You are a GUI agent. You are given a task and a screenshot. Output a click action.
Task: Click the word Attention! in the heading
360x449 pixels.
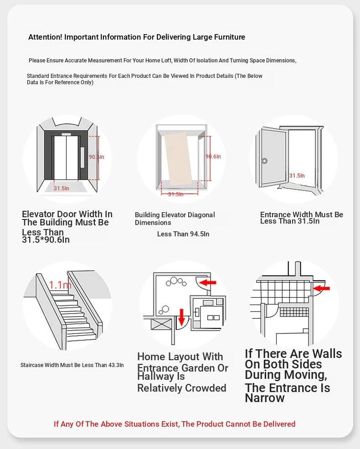point(45,37)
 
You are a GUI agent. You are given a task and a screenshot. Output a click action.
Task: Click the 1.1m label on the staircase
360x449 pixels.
point(61,286)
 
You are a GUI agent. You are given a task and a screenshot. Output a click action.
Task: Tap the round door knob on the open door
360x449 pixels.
point(264,161)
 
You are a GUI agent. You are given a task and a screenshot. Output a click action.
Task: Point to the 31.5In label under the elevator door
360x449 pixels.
point(62,188)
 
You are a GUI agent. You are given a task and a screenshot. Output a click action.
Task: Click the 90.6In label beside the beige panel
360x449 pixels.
point(213,157)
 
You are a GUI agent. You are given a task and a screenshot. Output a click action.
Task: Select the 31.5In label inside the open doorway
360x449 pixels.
point(297,175)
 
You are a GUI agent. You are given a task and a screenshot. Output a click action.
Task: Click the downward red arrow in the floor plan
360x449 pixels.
point(181,316)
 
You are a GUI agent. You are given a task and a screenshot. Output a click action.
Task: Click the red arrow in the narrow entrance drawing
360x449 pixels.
point(322,288)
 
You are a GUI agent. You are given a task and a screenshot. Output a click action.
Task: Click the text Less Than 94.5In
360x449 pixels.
point(183,234)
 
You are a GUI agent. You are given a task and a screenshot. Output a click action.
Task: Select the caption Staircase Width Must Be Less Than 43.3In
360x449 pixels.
point(72,365)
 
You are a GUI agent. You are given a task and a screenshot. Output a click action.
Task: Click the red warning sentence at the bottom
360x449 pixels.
point(175,424)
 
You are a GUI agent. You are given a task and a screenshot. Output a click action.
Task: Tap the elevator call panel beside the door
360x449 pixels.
point(82,157)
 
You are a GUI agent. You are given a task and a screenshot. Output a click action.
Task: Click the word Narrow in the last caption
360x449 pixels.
point(265,398)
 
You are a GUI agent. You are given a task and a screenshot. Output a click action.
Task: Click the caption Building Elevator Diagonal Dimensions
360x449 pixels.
point(175,219)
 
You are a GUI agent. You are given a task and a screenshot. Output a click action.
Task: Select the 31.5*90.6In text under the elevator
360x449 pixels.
point(46,240)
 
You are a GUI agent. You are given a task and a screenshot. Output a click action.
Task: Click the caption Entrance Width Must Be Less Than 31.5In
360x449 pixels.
point(302,218)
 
